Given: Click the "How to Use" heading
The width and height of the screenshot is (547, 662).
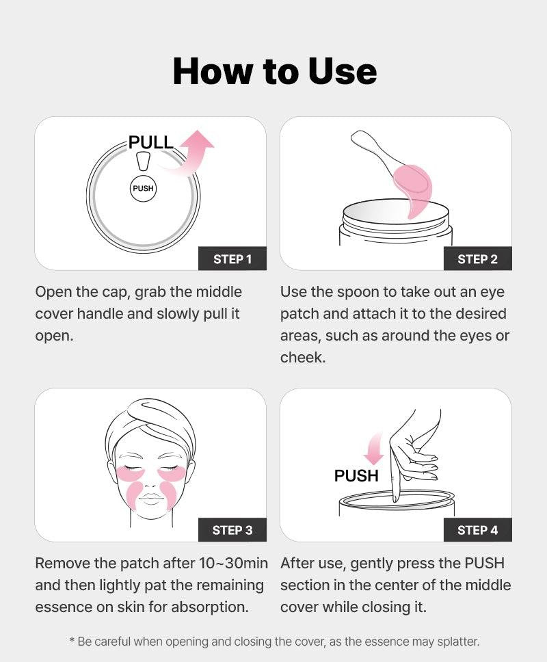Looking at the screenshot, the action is pos(274,71).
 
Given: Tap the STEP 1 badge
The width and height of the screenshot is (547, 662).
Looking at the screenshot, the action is pos(232,259).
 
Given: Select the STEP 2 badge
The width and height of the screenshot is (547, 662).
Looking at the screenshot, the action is pos(478,259).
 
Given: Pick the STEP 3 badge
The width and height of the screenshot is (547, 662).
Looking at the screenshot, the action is pos(232,530).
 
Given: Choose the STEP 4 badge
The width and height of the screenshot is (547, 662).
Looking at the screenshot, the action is pos(478,530).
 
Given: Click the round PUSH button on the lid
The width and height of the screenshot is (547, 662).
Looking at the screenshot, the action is pos(143,188).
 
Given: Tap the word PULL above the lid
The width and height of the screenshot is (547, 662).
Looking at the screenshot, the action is pos(150,142).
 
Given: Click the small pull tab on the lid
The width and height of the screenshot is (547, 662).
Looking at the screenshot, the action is pos(144,161).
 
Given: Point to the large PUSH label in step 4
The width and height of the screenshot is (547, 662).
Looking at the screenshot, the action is pos(356,476).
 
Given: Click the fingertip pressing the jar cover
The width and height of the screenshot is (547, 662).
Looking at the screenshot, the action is pos(396,497).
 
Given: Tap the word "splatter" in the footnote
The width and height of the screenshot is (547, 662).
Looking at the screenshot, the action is pos(458,641).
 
